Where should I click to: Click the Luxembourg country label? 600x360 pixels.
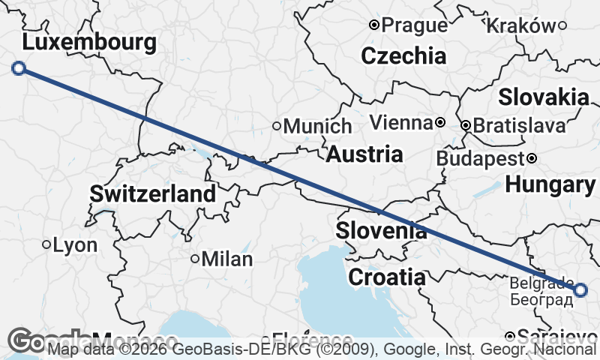(x=89, y=41)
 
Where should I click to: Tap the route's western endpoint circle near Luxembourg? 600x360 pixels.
(x=19, y=68)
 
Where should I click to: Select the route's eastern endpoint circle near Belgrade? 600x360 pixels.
(x=580, y=289)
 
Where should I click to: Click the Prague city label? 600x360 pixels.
(x=415, y=25)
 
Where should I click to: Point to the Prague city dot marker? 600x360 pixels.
(x=374, y=25)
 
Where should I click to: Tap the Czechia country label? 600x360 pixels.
(x=403, y=55)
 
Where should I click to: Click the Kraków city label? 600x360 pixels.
(x=521, y=25)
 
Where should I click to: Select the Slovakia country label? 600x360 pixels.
(x=544, y=97)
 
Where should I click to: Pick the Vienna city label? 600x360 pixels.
(x=401, y=122)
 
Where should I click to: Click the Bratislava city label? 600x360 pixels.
(x=520, y=125)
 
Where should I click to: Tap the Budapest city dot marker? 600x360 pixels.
(x=532, y=158)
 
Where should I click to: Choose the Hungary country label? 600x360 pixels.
(x=550, y=184)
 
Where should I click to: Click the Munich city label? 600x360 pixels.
(x=317, y=126)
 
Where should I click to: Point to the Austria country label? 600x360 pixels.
(x=364, y=154)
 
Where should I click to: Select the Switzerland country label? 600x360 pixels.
(x=153, y=193)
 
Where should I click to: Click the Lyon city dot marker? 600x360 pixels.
(x=46, y=244)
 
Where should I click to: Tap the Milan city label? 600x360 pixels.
(x=227, y=259)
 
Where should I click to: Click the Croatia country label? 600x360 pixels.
(x=387, y=277)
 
